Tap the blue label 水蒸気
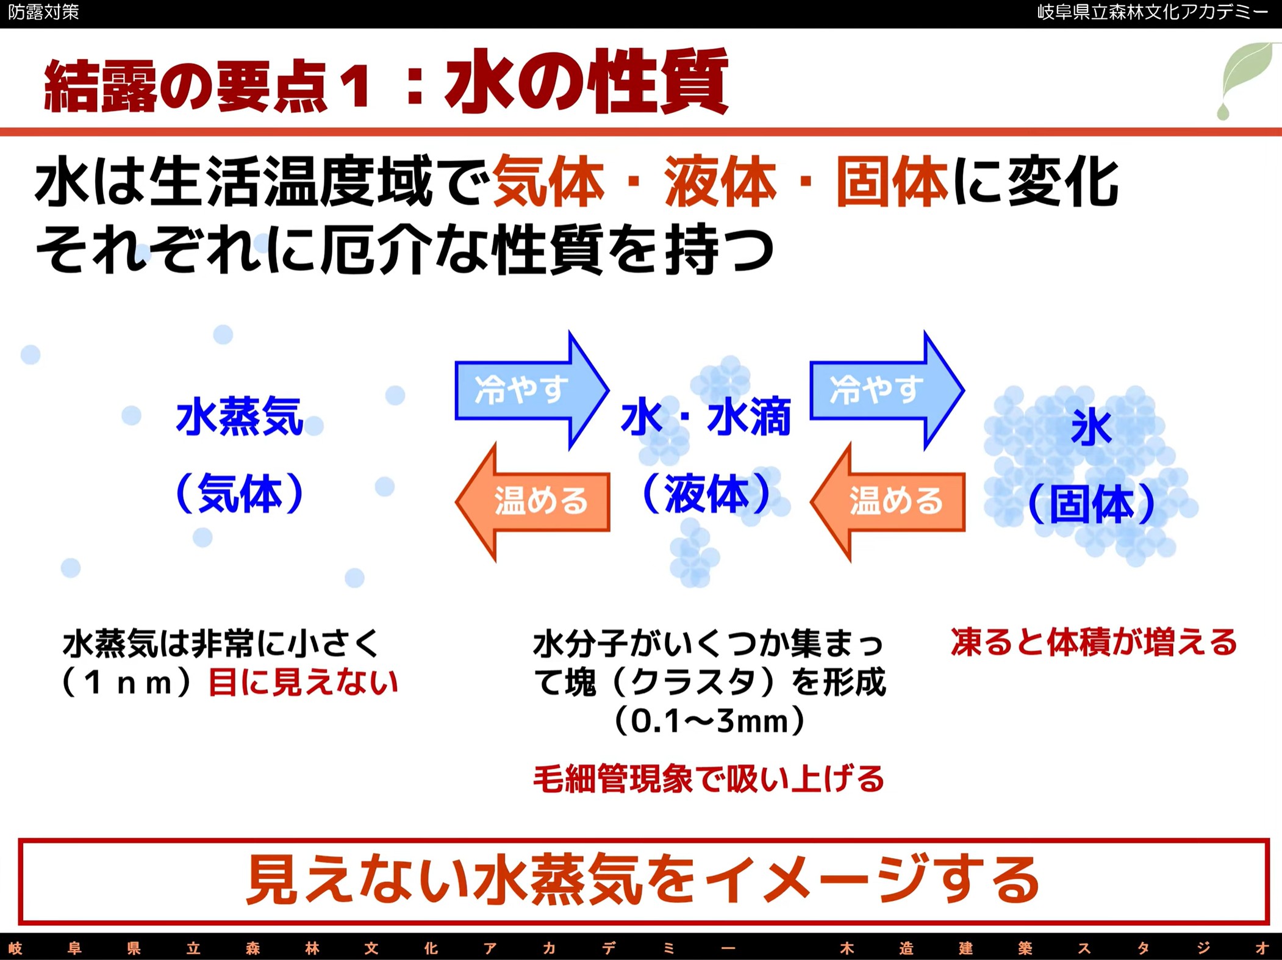coord(240,417)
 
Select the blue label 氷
coord(1091,427)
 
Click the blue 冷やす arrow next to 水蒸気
coord(532,390)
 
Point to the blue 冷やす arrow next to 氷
coord(887,390)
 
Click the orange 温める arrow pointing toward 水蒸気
coord(532,502)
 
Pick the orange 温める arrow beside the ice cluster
coord(887,502)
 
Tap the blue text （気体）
coord(240,493)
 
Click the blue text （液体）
coord(706,493)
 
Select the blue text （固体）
coord(1092,504)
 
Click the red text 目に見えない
coord(303,682)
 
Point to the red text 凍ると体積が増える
coord(1094,642)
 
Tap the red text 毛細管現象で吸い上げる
coord(709,778)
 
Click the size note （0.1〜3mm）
coord(709,720)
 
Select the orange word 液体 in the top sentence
coord(720,182)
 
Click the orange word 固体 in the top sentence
coord(892,182)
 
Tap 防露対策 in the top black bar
coord(43,12)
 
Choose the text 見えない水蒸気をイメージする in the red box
coord(643,880)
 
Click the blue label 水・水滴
coord(706,417)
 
